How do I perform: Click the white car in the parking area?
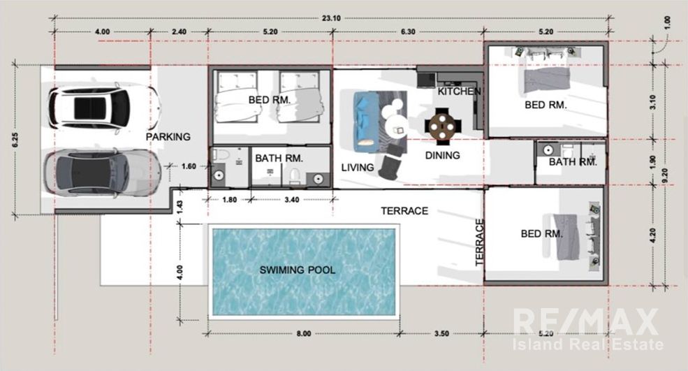pyautogui.click(x=105, y=108)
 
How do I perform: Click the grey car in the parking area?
pyautogui.click(x=102, y=173)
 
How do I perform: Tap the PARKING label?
pyautogui.click(x=168, y=137)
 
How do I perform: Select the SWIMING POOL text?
pyautogui.click(x=298, y=270)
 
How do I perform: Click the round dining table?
pyautogui.click(x=443, y=126)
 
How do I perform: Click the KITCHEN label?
pyautogui.click(x=460, y=92)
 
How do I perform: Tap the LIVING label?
pyautogui.click(x=358, y=167)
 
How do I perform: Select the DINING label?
pyautogui.click(x=443, y=155)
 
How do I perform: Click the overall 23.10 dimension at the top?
pyautogui.click(x=331, y=18)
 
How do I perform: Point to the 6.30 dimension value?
pyautogui.click(x=408, y=32)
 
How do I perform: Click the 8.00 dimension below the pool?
pyautogui.click(x=304, y=334)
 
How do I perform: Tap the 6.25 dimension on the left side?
pyautogui.click(x=16, y=140)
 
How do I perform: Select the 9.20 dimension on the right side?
pyautogui.click(x=665, y=175)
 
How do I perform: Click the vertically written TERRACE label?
pyautogui.click(x=480, y=243)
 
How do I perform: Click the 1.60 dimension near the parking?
pyautogui.click(x=189, y=166)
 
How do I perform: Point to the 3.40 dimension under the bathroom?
pyautogui.click(x=292, y=200)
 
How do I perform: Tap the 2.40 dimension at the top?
pyautogui.click(x=179, y=32)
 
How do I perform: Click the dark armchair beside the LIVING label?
pyautogui.click(x=390, y=163)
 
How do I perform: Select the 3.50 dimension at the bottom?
pyautogui.click(x=441, y=334)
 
